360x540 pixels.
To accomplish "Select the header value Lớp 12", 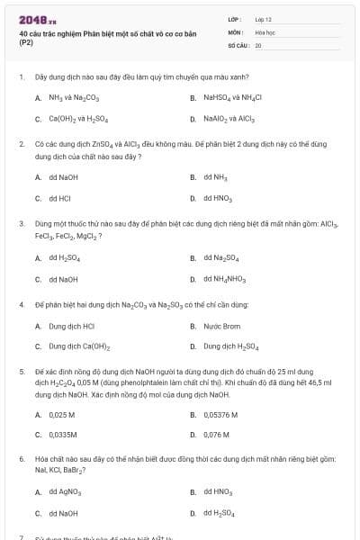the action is pos(264,19).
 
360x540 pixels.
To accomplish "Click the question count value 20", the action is pos(258,44).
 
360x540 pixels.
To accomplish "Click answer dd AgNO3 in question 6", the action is pos(64,492).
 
